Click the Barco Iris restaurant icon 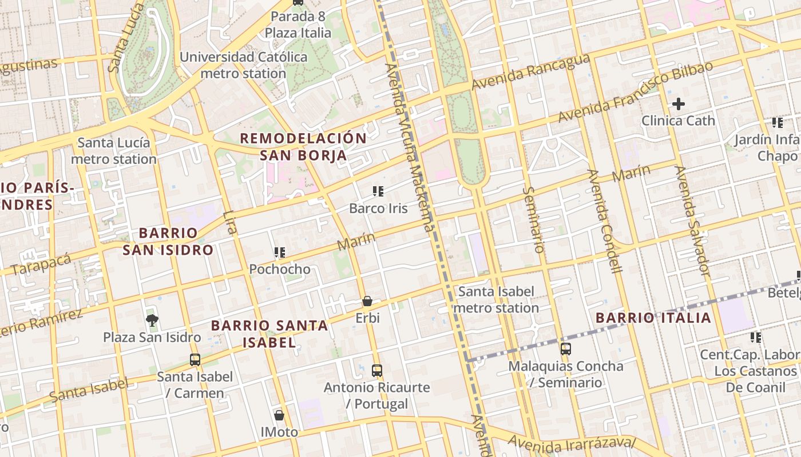(378, 191)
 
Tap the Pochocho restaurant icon (280, 252)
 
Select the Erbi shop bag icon (367, 301)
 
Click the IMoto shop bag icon (279, 415)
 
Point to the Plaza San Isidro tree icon (152, 320)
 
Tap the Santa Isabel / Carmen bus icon (195, 359)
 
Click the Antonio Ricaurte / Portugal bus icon (376, 370)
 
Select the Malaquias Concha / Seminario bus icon (565, 348)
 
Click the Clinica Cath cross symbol (678, 104)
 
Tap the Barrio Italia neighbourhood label (653, 318)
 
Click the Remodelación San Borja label (303, 146)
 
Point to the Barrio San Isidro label (168, 241)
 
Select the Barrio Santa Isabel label (269, 334)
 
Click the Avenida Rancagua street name (530, 72)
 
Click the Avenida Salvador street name (692, 221)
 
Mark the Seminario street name (533, 220)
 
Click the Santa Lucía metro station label (114, 151)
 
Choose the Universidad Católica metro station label (244, 65)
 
